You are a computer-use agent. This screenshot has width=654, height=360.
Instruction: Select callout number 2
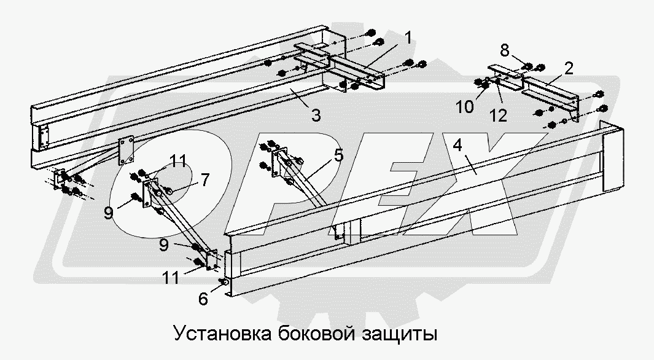[569, 68]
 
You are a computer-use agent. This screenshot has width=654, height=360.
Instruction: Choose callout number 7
[205, 180]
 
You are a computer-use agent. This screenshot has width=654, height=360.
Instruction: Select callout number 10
[465, 107]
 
